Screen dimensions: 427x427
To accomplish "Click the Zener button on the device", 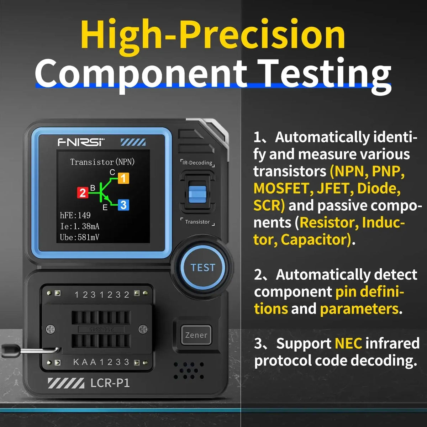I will [196, 335].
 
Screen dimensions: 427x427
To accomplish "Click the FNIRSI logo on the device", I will [81, 142].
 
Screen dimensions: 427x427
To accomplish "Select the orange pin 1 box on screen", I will [123, 178].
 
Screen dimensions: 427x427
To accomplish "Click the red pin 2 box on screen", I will [83, 193].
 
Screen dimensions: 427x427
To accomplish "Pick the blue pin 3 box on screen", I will [123, 205].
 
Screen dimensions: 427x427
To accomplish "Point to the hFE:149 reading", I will [75, 215].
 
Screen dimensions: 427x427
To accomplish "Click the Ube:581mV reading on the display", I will [79, 237].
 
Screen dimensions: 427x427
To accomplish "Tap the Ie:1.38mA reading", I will [79, 226].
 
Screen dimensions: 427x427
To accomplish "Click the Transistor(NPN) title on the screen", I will [102, 162].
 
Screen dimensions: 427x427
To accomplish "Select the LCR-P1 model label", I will [110, 383].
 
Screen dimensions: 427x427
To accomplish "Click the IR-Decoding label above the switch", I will [197, 163].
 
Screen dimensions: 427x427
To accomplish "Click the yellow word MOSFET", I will [281, 188].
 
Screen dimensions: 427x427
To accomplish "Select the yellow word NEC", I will [348, 343].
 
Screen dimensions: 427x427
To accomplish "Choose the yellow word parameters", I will [359, 309].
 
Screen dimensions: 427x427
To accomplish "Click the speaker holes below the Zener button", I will [189, 371].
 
